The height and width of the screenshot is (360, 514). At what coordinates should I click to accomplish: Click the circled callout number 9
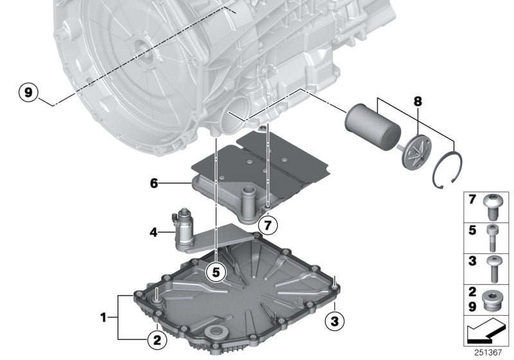28,93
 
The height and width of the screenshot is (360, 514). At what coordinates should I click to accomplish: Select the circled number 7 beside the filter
268,224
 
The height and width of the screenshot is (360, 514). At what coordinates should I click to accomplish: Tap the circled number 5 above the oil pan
216,273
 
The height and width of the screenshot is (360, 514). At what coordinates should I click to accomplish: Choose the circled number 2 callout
155,336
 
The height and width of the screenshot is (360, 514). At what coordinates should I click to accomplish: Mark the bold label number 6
154,183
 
